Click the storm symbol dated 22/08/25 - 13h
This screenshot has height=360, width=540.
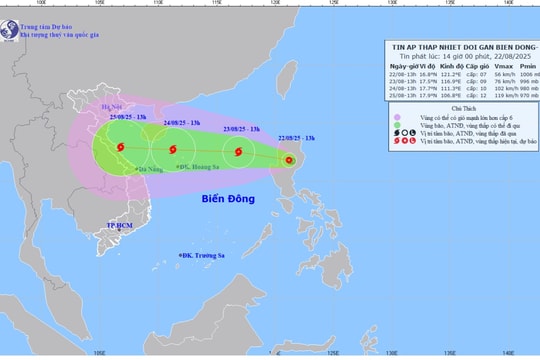289,160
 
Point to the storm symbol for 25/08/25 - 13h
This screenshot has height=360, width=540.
120,149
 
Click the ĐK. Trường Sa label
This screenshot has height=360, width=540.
203,256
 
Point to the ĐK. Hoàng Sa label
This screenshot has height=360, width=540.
197,167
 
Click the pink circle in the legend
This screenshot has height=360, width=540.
398,117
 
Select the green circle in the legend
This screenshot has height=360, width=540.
398,126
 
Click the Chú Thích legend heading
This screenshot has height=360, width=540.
462,107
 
